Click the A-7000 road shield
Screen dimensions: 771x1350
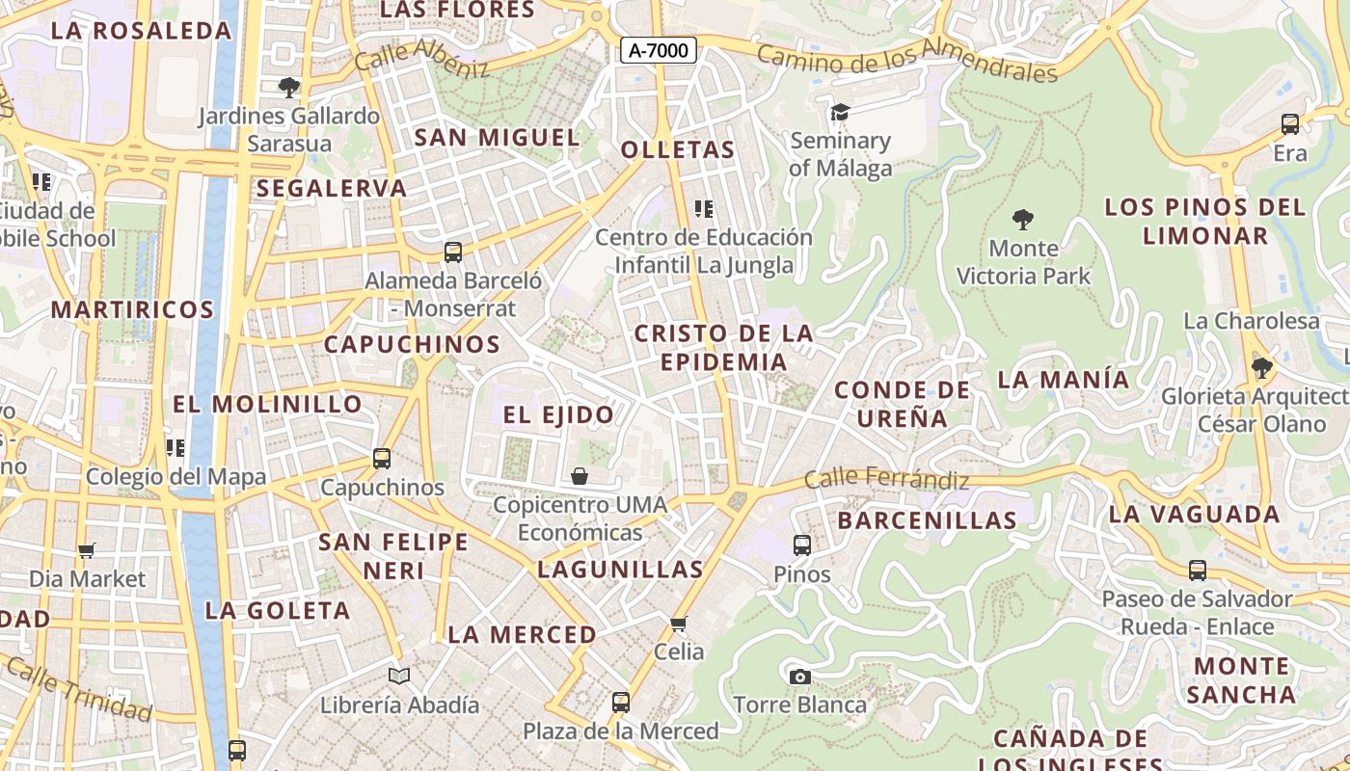[x=658, y=50]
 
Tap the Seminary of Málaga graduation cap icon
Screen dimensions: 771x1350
[x=840, y=113]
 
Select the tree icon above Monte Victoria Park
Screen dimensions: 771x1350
[x=1023, y=220]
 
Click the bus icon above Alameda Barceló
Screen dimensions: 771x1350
[x=453, y=253]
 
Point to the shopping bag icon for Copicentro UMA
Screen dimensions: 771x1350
[x=580, y=476]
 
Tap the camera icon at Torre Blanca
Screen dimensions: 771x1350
[x=799, y=677]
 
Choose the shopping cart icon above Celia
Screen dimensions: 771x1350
[x=679, y=624]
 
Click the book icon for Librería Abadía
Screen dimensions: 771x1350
[x=399, y=677]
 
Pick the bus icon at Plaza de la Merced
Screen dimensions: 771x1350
[x=621, y=703]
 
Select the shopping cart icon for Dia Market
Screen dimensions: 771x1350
[x=87, y=550]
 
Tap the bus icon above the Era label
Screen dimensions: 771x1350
[x=1289, y=124]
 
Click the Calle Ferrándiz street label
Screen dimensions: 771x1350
[x=886, y=478]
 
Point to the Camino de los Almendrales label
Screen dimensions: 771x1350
[x=906, y=60]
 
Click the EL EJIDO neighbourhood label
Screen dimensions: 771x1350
[x=558, y=415]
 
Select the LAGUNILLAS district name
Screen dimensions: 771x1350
[x=620, y=570]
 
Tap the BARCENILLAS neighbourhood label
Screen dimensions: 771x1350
[x=927, y=520]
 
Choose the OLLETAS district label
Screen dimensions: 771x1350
[x=678, y=150]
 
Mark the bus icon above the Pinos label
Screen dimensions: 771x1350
[x=801, y=545]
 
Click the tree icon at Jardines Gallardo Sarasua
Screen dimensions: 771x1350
[x=288, y=88]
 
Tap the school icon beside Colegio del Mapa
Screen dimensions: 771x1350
[x=175, y=448]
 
